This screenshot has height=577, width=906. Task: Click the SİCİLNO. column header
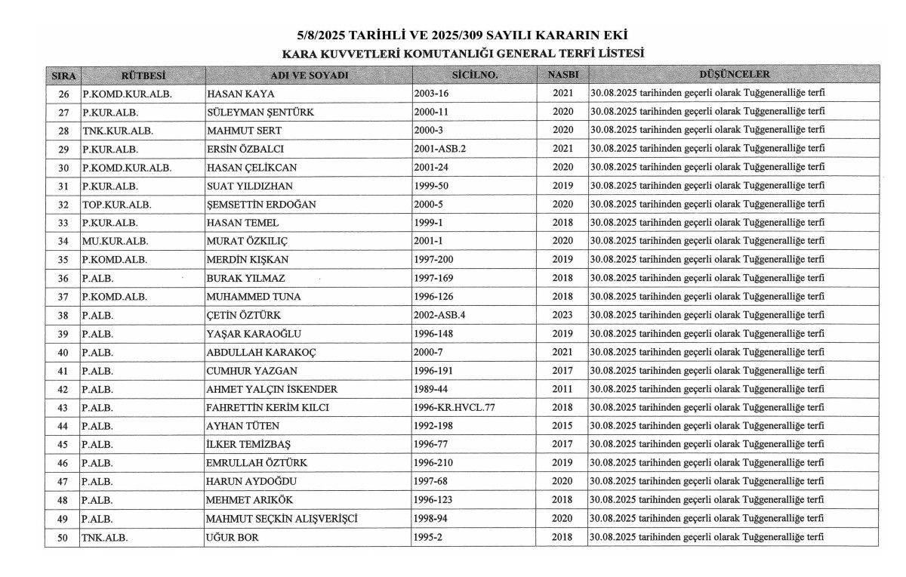(474, 76)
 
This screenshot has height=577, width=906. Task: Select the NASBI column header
(562, 76)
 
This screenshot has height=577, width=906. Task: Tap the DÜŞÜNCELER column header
(734, 75)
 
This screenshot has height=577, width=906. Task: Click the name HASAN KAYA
(240, 94)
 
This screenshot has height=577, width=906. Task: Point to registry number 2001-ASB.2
(440, 149)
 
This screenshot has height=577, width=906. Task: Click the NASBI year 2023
(562, 315)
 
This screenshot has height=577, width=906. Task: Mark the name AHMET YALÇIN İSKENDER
(272, 389)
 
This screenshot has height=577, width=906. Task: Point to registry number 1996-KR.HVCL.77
(455, 408)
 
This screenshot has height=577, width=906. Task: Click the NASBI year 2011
(562, 389)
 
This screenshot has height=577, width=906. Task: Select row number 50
(63, 537)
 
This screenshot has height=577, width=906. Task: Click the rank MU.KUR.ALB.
(116, 242)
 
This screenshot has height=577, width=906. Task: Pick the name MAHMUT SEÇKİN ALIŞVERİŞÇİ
(282, 519)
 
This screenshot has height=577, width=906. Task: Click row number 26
(63, 94)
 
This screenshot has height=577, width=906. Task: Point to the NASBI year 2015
(562, 426)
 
